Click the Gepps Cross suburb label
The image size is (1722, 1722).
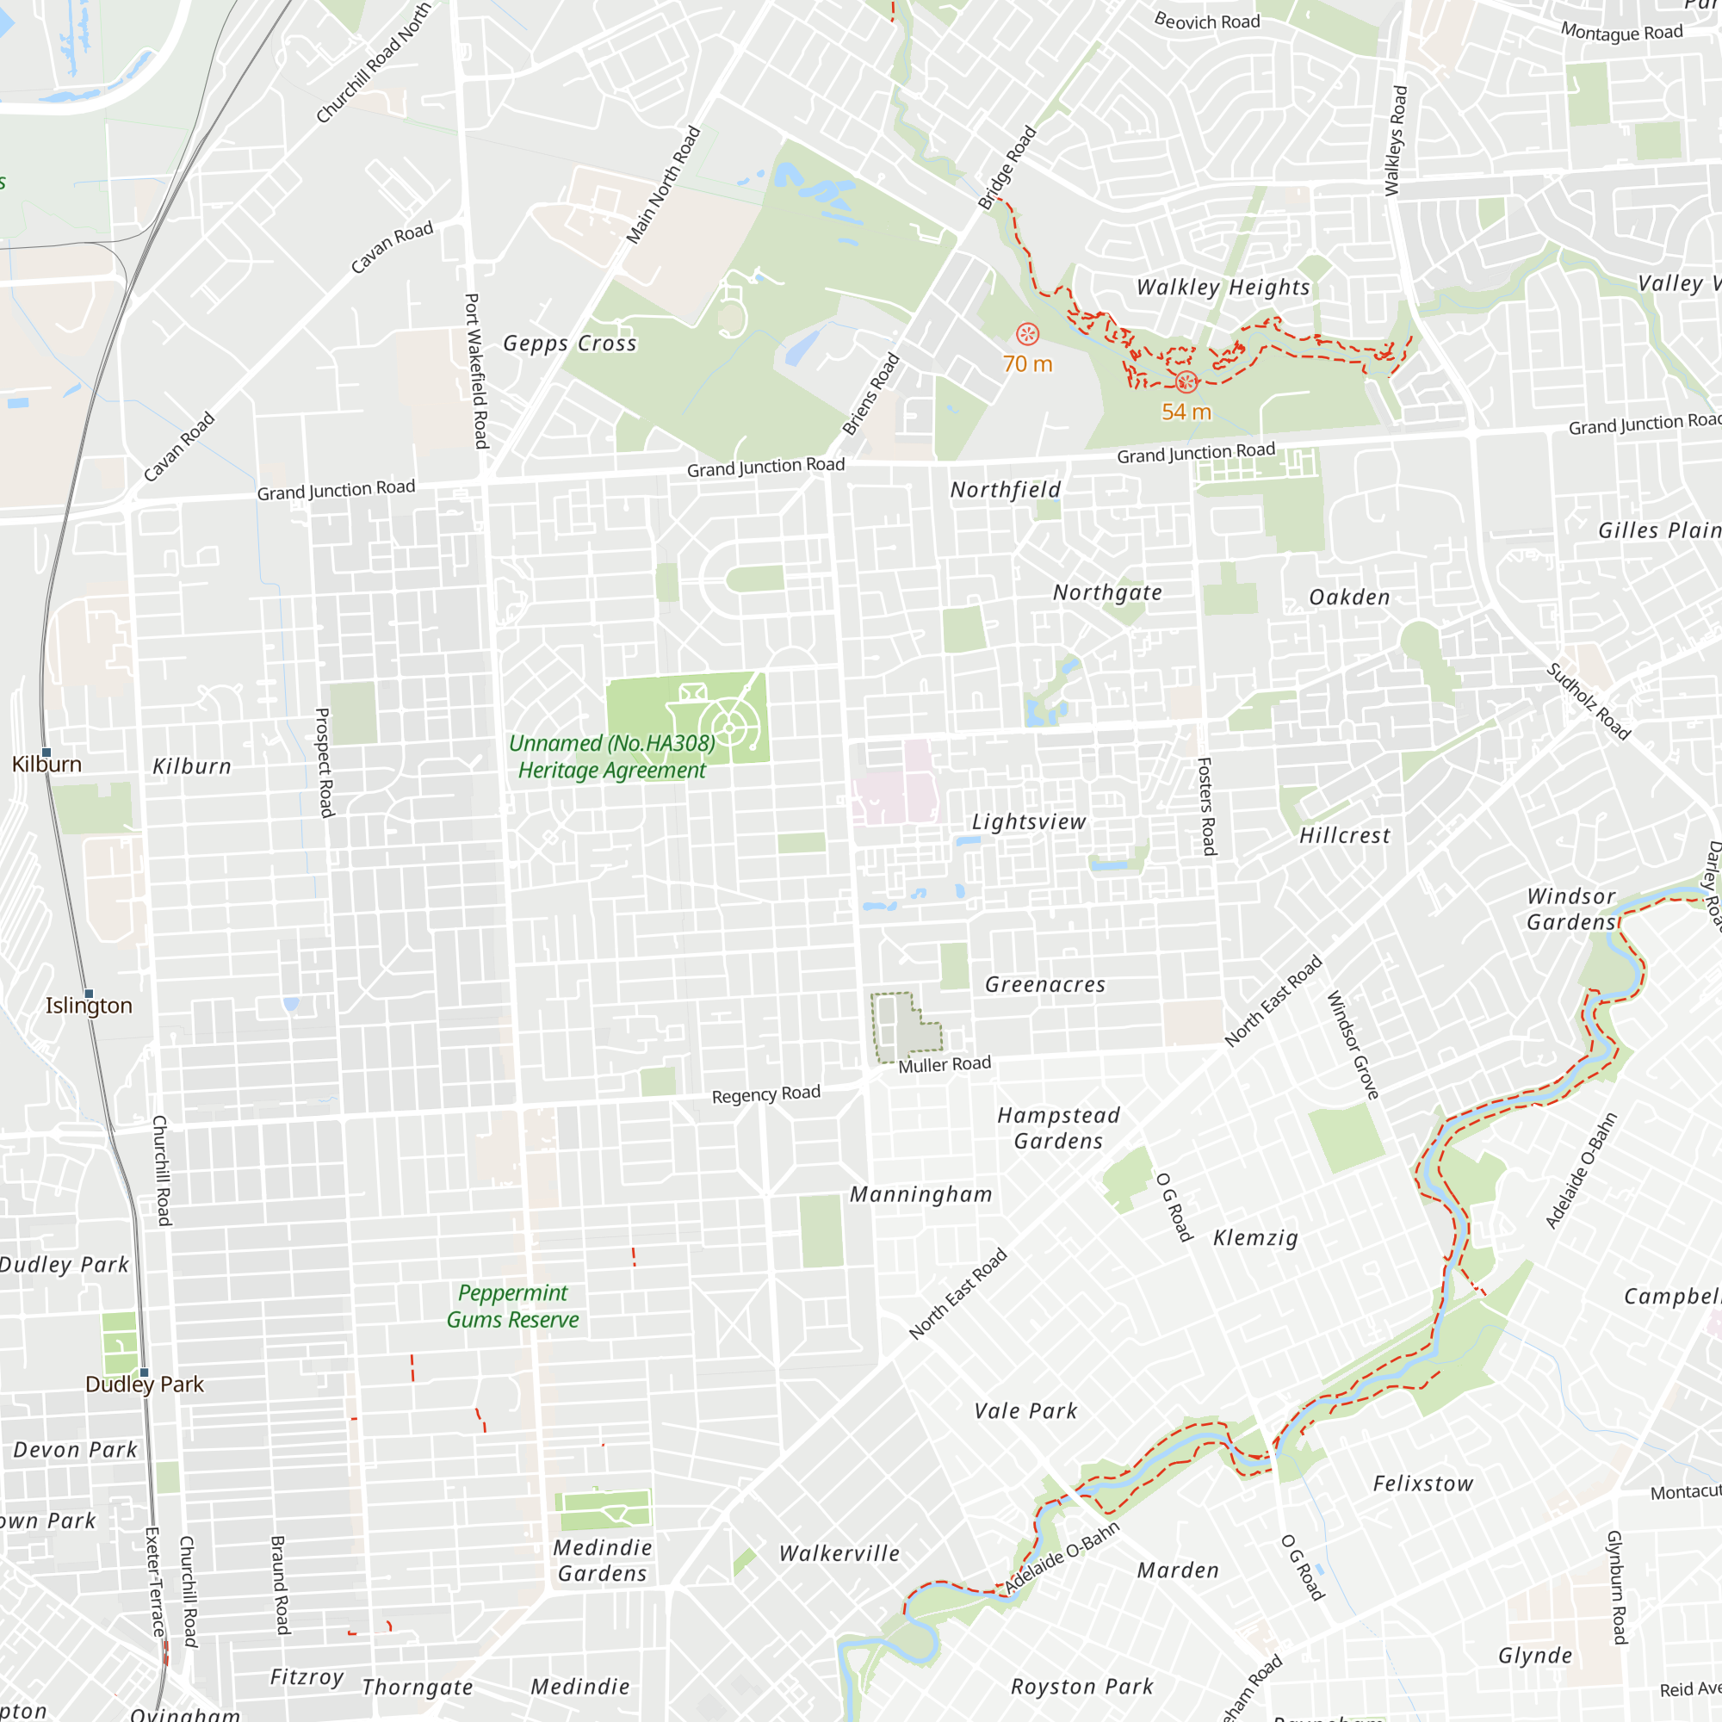coord(569,344)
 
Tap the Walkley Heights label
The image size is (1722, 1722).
coord(1223,287)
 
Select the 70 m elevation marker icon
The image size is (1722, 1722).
coord(1028,334)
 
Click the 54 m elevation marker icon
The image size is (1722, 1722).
coord(1186,382)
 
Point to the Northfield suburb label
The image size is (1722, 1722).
coord(1006,489)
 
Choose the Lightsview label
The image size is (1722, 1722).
coord(1029,821)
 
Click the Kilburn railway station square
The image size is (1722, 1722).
coord(46,753)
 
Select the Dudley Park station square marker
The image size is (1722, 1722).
coord(145,1372)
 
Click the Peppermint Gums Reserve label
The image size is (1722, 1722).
coord(512,1306)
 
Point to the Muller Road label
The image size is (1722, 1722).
coord(944,1064)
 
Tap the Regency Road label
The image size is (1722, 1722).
coord(765,1093)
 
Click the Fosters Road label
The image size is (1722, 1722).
coord(1205,806)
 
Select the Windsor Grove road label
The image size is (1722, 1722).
coord(1352,1044)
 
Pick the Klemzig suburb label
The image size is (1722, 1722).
coord(1255,1237)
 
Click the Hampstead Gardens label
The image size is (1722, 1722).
coord(1058,1128)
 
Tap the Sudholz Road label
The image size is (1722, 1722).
coord(1588,702)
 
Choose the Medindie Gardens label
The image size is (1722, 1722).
coord(603,1560)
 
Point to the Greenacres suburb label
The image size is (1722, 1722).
coord(1044,984)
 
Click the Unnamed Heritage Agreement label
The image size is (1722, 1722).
coord(612,757)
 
